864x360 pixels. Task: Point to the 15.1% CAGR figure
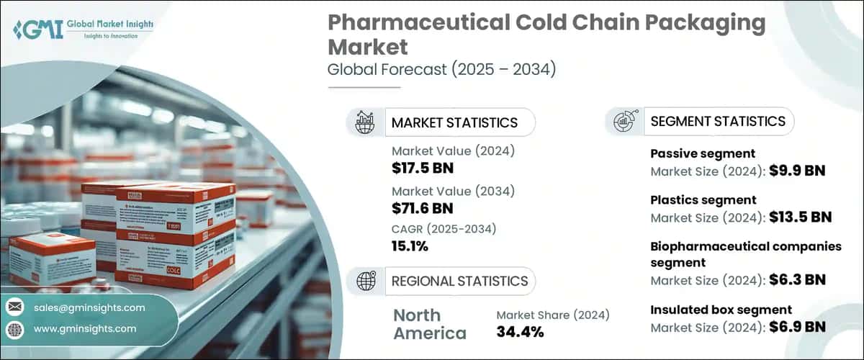pyautogui.click(x=410, y=247)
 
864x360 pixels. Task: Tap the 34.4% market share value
pyautogui.click(x=520, y=332)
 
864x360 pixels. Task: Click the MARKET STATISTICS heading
pyautogui.click(x=454, y=122)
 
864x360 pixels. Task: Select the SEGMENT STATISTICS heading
pyautogui.click(x=718, y=121)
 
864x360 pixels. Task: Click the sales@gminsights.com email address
pyautogui.click(x=89, y=307)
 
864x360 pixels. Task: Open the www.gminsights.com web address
pyautogui.click(x=85, y=328)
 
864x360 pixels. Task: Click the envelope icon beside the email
pyautogui.click(x=14, y=307)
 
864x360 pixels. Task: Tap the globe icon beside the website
pyautogui.click(x=14, y=329)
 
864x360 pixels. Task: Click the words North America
pyautogui.click(x=430, y=324)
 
